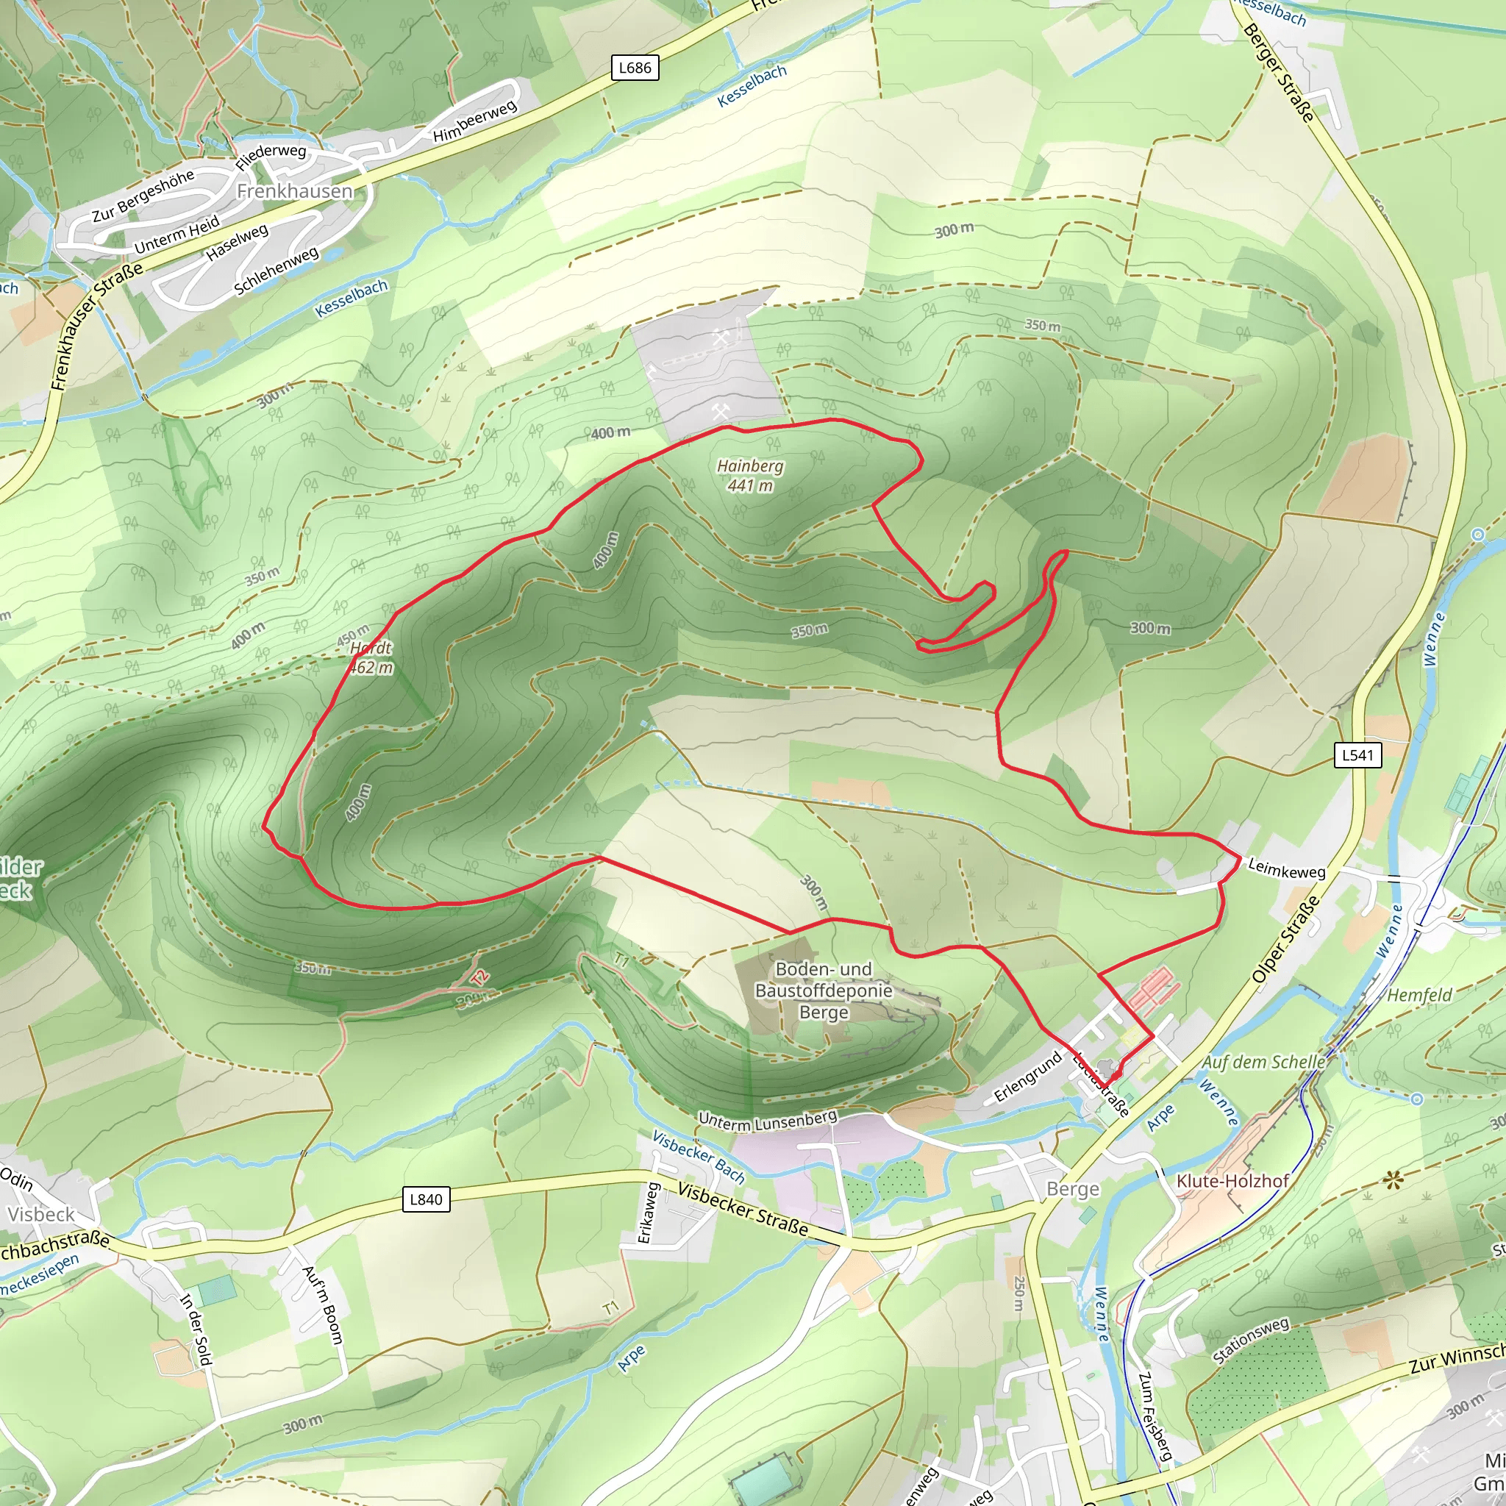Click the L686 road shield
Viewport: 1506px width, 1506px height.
[635, 68]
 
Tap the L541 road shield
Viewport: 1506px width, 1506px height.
[1357, 754]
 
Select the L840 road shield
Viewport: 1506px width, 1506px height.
[426, 1199]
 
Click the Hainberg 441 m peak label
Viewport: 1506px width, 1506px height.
[750, 476]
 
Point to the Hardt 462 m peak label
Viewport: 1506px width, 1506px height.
[371, 657]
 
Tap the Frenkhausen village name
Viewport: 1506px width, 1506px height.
[295, 191]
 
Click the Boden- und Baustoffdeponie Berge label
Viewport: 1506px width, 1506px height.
[823, 990]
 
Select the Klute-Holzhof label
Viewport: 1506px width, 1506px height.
[1232, 1180]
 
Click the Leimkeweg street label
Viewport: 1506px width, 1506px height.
[1286, 870]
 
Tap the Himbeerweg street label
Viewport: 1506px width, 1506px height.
[475, 121]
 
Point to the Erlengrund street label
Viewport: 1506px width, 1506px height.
[1028, 1077]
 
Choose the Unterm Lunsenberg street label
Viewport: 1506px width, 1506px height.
[767, 1121]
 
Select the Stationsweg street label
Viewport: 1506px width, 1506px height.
[1250, 1340]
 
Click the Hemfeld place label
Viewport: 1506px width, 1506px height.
[1419, 996]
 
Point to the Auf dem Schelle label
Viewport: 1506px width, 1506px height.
[1263, 1062]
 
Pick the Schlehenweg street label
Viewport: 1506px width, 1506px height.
[276, 271]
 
